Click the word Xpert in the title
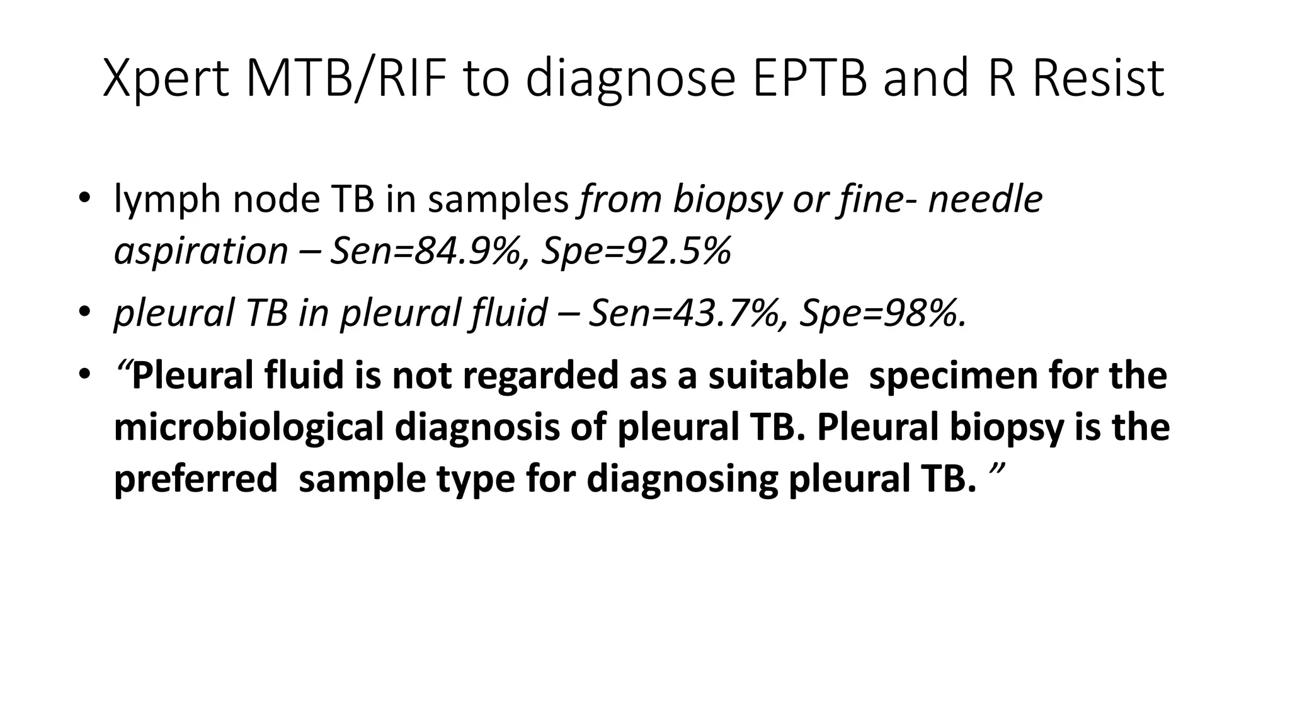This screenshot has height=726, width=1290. point(166,79)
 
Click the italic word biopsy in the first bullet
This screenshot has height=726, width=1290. point(727,200)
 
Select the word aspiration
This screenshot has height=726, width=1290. point(201,251)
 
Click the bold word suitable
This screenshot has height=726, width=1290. point(778,376)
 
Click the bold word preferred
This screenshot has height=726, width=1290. point(196,480)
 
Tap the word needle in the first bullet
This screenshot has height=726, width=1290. point(986,200)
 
